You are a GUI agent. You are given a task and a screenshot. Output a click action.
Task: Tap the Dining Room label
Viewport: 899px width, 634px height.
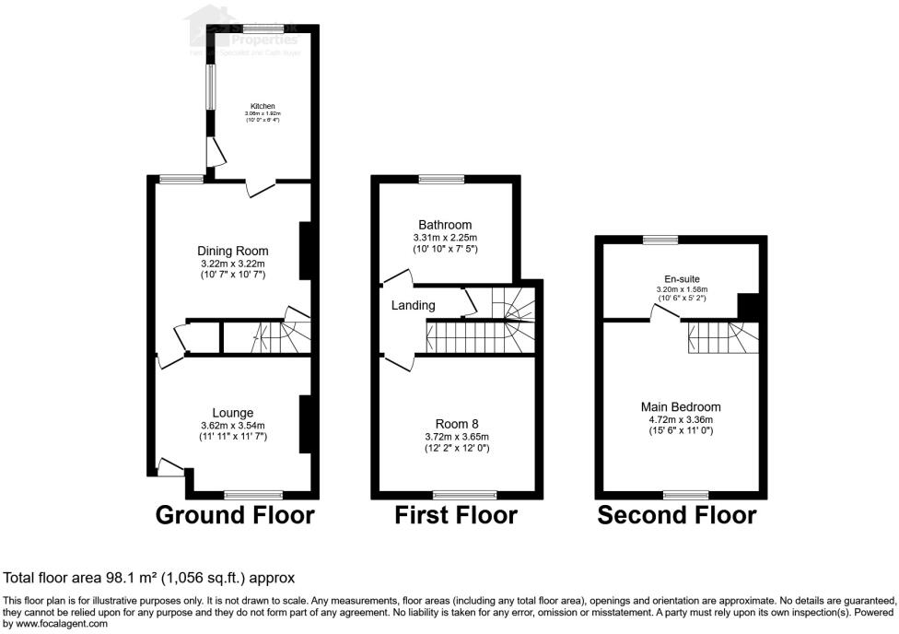233,251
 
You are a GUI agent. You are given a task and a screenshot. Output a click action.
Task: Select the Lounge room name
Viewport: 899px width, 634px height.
233,412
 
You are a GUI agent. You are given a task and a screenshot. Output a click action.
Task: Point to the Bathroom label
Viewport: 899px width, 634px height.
445,225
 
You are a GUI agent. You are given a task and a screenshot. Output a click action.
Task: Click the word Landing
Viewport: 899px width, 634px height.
414,305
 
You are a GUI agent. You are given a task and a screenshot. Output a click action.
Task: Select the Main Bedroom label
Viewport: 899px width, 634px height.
681,406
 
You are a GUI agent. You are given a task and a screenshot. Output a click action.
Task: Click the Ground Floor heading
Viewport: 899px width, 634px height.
235,514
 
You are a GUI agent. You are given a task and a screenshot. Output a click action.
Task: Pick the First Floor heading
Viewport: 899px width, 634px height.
456,514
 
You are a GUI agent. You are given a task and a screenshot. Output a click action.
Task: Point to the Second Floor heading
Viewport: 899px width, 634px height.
677,514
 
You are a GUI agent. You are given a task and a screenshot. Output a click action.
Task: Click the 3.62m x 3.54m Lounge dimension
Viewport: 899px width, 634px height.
233,425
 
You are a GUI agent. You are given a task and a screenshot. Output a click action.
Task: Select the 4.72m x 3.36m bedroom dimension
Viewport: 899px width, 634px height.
681,418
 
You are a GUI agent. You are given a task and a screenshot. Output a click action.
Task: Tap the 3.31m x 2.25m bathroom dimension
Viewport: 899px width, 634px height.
445,238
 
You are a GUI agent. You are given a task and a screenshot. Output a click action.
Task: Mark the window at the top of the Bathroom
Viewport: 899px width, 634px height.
442,179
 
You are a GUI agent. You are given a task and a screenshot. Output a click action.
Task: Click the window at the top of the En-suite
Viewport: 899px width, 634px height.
660,240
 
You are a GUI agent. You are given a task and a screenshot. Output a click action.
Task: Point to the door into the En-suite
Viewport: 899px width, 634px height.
665,314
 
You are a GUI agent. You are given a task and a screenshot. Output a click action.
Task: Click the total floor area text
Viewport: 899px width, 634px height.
149,578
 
